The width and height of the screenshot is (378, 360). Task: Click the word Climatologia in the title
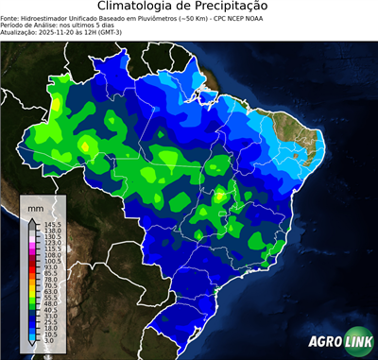tap(140, 7)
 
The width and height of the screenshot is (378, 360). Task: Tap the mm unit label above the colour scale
tap(36, 206)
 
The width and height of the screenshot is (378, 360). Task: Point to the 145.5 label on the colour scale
tap(52, 224)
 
